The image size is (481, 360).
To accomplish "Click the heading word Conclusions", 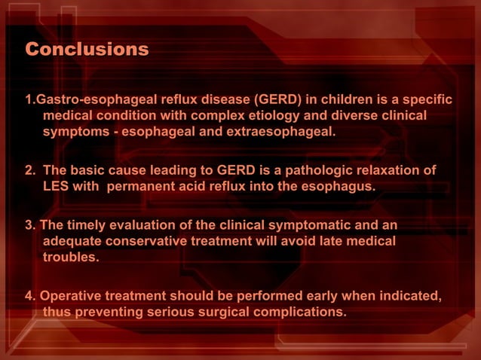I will click(87, 50).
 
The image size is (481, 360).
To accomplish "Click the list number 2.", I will click(30, 170).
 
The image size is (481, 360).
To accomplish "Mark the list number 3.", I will click(29, 225).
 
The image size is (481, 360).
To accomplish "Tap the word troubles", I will click(71, 258).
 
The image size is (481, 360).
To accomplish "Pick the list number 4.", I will click(29, 296).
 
